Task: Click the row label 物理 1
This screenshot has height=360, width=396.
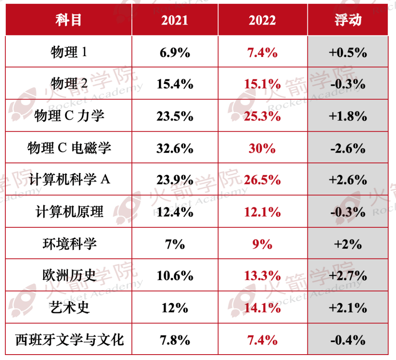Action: click(x=69, y=53)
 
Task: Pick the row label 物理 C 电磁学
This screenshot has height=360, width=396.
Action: click(x=69, y=148)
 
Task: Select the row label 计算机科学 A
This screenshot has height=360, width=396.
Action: click(x=69, y=180)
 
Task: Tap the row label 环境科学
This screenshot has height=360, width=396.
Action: click(x=69, y=244)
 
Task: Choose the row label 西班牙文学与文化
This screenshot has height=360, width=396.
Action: click(x=69, y=340)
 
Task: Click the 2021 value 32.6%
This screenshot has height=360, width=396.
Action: click(x=175, y=148)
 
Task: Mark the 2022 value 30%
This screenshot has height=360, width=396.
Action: click(x=262, y=148)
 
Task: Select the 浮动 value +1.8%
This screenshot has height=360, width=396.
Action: click(x=348, y=116)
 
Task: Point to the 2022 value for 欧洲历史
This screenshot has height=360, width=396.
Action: click(x=262, y=276)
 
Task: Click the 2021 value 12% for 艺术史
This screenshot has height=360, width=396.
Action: click(x=175, y=308)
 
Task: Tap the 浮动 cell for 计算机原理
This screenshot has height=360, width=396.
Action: click(x=348, y=212)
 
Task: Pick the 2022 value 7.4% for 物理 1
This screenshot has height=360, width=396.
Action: click(x=262, y=53)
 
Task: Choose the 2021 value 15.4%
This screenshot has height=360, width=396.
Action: click(x=175, y=84)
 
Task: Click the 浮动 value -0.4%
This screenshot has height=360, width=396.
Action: click(x=348, y=340)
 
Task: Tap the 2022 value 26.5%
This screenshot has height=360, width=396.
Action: click(x=262, y=180)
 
